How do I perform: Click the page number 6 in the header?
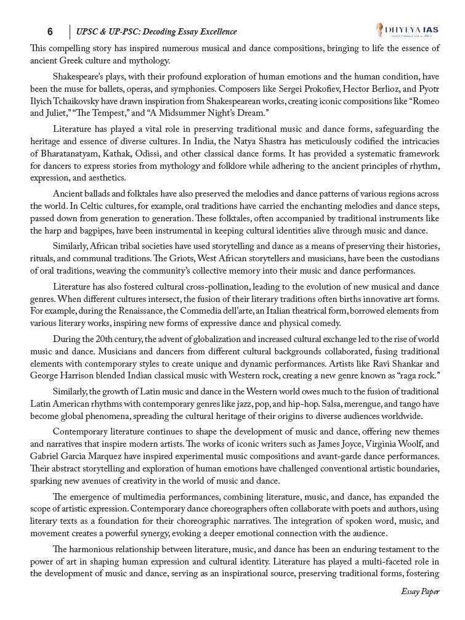[50, 31]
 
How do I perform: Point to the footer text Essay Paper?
[420, 592]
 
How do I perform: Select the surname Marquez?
[116, 456]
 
